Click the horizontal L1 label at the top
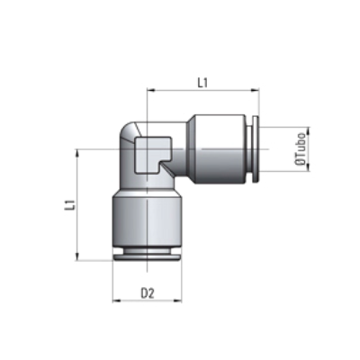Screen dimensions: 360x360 pos(202,83)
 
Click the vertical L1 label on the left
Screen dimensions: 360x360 pos(69,204)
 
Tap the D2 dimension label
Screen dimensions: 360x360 pos(148,293)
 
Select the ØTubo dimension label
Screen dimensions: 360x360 pos(301,149)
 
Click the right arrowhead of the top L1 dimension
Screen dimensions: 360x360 pos(256,89)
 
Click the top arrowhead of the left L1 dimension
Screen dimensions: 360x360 pos(77,153)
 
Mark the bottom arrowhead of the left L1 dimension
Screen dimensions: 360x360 pos(77,256)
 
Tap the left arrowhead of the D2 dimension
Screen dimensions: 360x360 pos(116,301)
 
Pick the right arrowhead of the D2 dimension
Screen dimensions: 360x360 pos(177,301)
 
